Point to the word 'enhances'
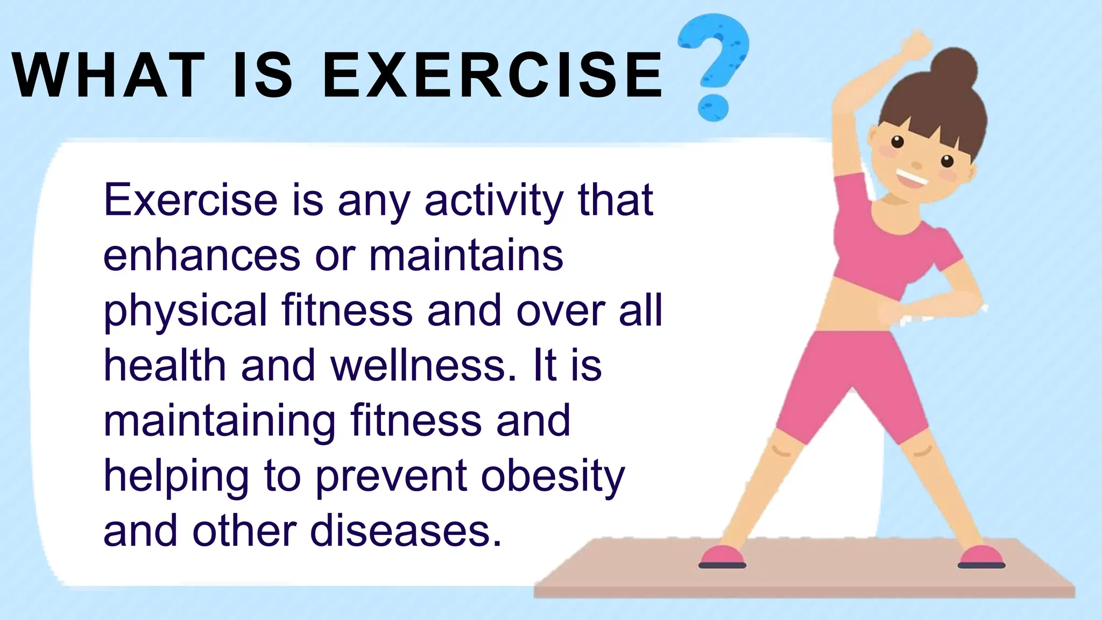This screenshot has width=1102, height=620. pos(201,256)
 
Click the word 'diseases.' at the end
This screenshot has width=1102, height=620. pos(406,532)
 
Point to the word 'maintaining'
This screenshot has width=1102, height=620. pos(220,422)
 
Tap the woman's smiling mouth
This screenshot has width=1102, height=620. pos(911,178)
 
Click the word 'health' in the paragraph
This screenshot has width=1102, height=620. pos(164,366)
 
